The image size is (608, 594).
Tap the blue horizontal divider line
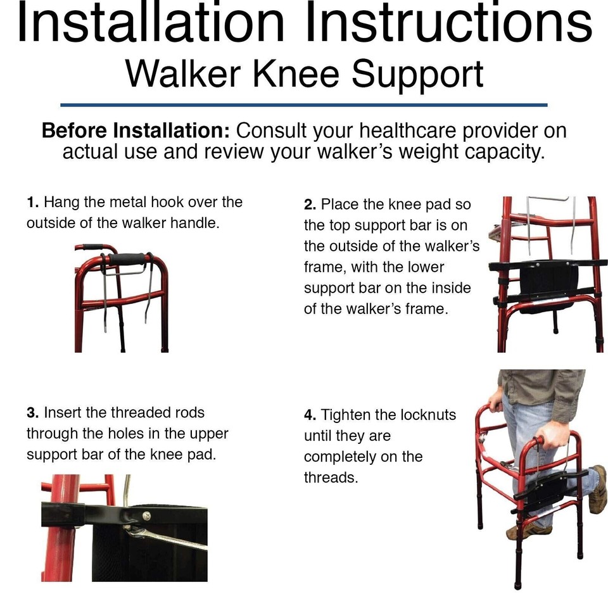304,104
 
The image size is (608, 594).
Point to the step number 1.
32,203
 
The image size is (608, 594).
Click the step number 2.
310,205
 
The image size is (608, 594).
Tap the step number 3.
32,413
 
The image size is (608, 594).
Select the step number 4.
310,415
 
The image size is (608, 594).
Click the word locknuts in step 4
428,415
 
